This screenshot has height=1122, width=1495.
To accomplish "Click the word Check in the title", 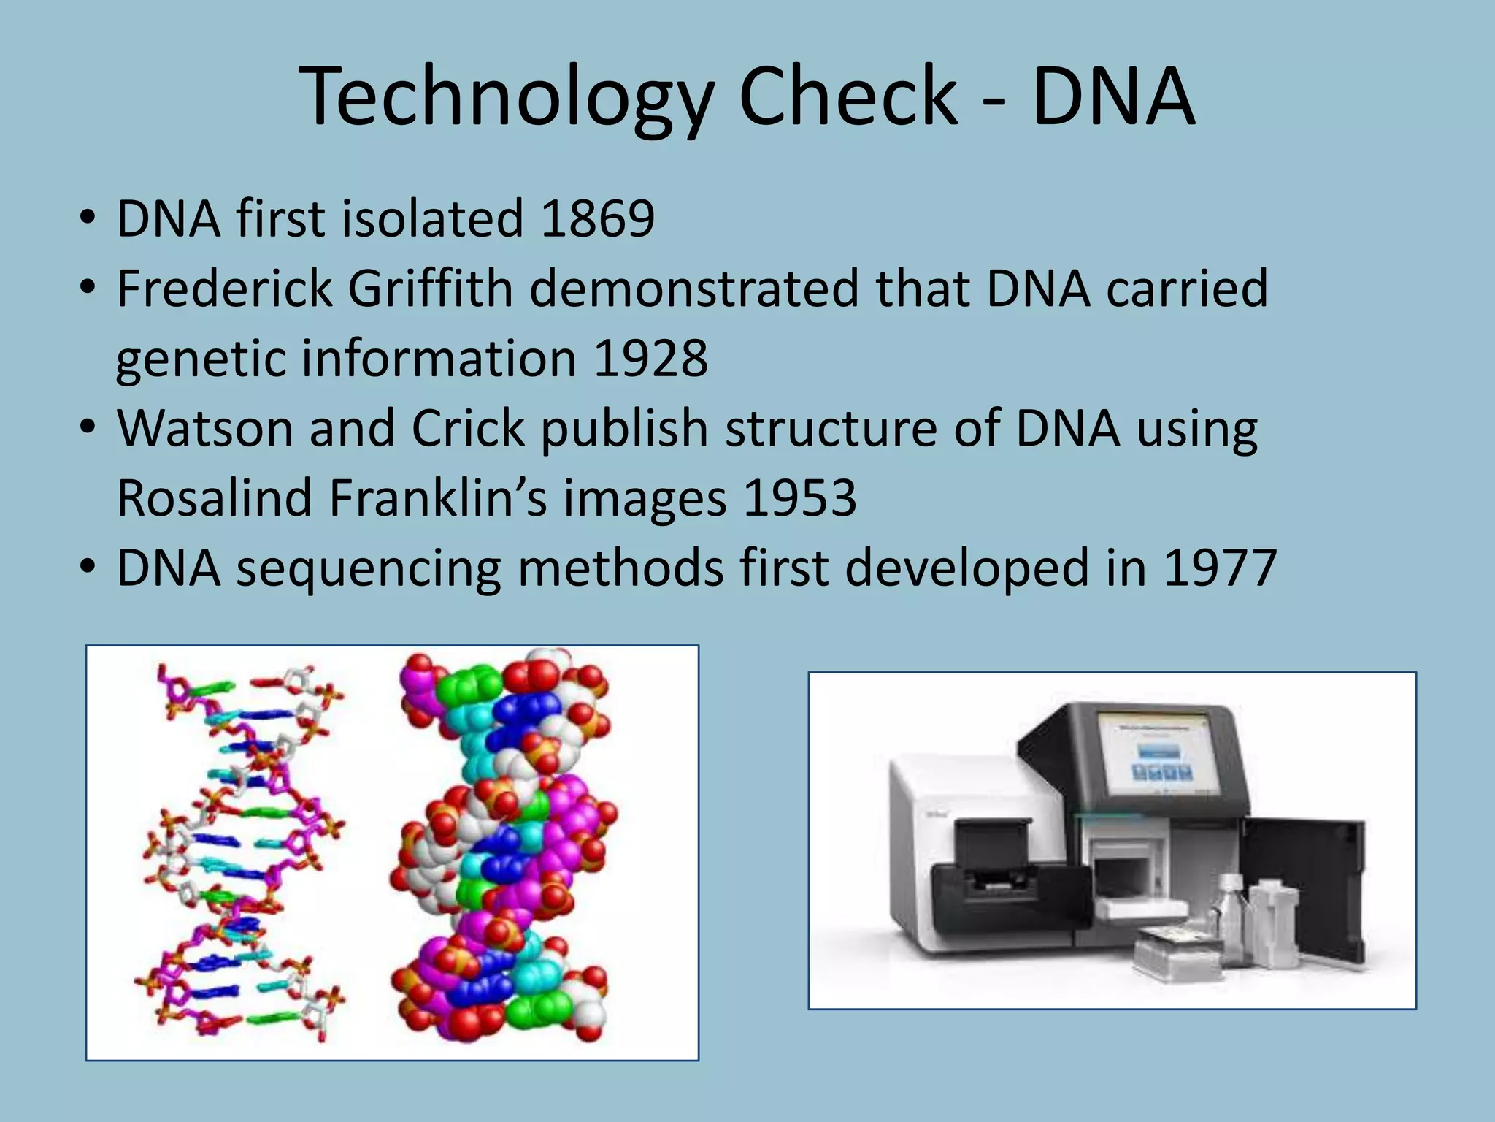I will [x=847, y=96].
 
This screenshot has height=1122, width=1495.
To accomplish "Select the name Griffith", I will [x=430, y=288].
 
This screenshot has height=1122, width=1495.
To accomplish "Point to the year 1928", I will [x=650, y=358].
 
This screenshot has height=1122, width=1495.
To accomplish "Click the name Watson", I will [x=204, y=428].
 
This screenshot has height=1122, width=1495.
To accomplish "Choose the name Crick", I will [x=467, y=428].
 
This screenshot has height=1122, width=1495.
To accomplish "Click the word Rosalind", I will [x=215, y=498].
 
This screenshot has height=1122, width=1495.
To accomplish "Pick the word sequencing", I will [x=368, y=568].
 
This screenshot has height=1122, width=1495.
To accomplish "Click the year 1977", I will [x=1220, y=568].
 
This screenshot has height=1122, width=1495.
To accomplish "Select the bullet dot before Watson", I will [x=88, y=428].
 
